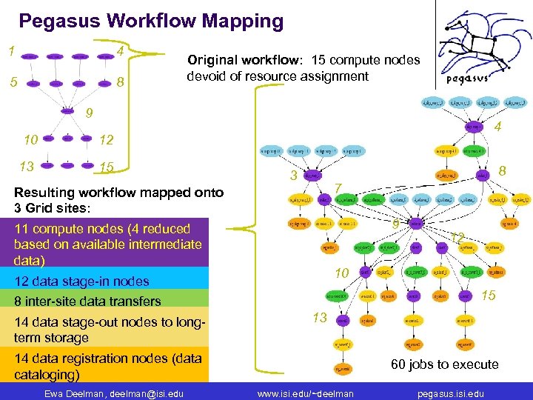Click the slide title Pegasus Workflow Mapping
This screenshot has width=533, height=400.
tap(151, 21)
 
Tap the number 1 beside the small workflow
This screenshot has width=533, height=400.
tap(11, 52)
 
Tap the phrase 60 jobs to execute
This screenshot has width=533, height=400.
tap(444, 364)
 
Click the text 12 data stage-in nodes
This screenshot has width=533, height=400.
tap(81, 281)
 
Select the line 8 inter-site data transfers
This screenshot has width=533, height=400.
tap(87, 301)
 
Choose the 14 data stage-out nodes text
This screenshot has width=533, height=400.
tap(109, 321)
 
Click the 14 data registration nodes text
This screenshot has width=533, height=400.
tap(107, 359)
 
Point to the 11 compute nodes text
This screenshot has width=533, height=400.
tap(101, 229)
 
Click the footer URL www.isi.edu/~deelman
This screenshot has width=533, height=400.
tap(305, 393)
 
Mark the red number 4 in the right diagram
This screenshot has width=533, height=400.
tap(498, 127)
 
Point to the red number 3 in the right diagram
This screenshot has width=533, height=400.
tap(293, 176)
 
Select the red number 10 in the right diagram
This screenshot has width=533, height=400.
tap(341, 273)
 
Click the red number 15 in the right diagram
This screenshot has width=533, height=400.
tap(488, 296)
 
